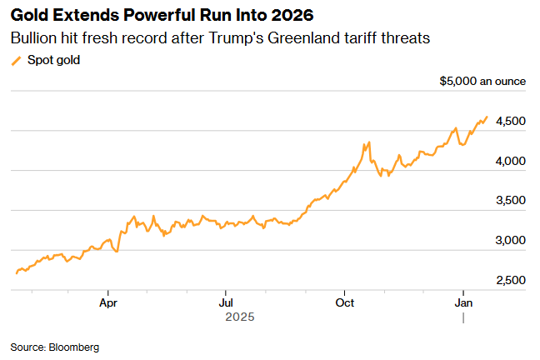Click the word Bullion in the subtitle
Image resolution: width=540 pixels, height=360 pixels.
34,39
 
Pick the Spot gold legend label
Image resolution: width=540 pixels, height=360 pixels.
55,60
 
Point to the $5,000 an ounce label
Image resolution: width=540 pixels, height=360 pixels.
482,81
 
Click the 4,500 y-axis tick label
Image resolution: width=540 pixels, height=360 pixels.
510,121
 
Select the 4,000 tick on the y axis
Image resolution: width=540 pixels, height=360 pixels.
510,161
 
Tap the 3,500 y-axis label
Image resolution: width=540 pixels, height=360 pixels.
510,201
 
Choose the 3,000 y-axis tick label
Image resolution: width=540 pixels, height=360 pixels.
510,241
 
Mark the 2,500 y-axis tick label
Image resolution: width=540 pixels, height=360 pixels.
510,280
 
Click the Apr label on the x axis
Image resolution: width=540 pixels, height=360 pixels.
108,304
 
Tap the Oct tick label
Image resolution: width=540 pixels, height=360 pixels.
344,304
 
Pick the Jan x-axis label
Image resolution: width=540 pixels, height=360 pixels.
463,304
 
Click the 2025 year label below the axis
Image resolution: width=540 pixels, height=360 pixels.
240,317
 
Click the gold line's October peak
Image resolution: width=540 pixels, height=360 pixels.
367,143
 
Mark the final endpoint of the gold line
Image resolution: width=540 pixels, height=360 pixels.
487,117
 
